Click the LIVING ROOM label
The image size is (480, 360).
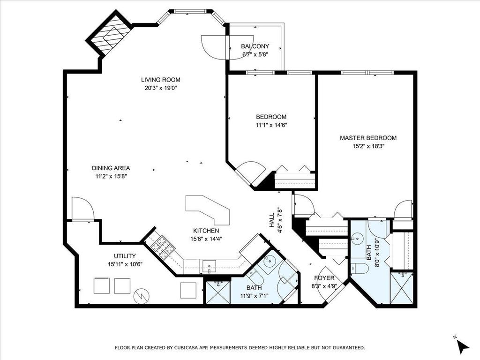pos(161,80)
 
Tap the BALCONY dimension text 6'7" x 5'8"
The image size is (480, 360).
pos(255,55)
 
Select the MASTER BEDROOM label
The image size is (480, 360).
pos(368,138)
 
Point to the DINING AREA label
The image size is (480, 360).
pos(111,168)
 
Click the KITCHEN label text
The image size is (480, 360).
pos(206,231)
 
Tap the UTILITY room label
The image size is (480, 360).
pos(125,256)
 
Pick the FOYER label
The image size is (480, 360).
pos(324,278)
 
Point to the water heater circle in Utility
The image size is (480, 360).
pos(141,296)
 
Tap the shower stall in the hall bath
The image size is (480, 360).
pos(217,292)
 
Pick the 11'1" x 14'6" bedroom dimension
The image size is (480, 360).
pos(271,125)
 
